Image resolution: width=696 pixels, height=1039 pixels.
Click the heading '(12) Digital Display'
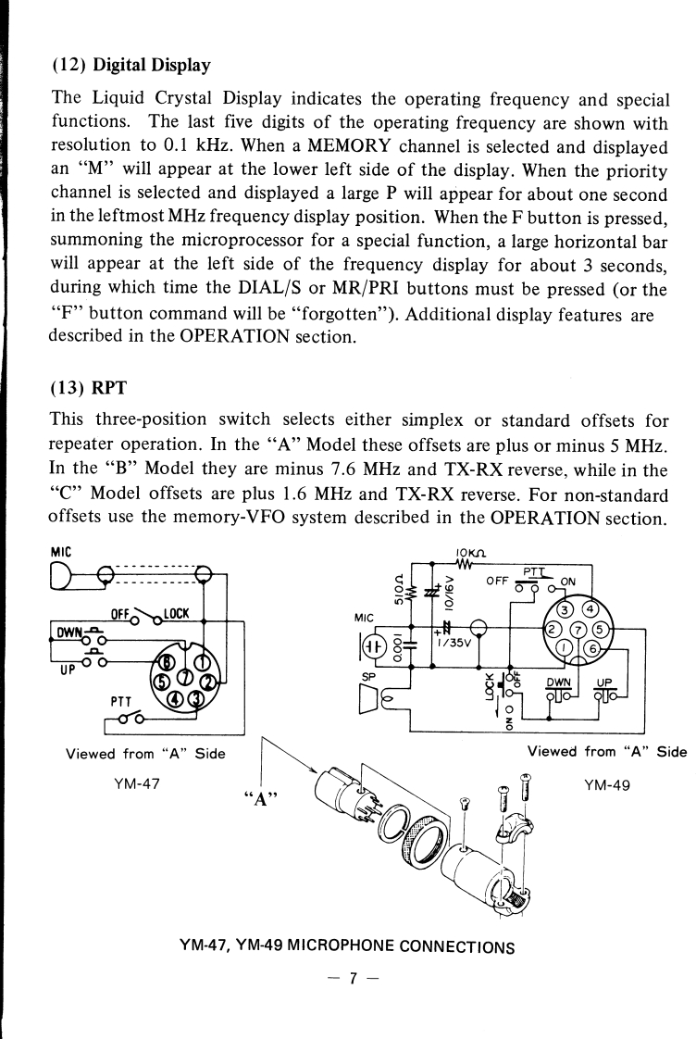coord(130,66)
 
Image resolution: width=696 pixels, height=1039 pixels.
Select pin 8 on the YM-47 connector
coord(168,659)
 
